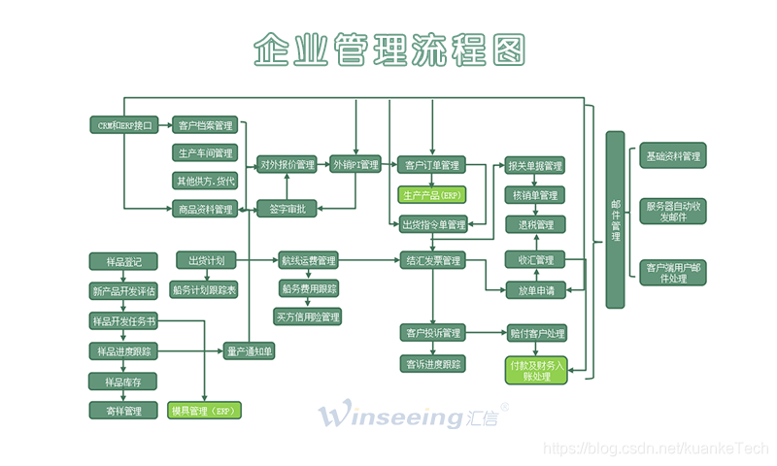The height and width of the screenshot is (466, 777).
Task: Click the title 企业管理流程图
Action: [x=388, y=48]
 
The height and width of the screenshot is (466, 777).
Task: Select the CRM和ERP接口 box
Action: [x=123, y=125]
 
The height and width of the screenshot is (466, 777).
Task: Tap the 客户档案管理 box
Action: [x=205, y=125]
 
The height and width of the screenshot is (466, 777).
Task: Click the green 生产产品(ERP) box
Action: [x=432, y=194]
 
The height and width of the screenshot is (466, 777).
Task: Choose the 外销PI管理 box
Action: [x=355, y=164]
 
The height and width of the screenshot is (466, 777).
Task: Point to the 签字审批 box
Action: [x=287, y=208]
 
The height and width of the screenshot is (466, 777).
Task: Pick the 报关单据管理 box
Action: [x=534, y=166]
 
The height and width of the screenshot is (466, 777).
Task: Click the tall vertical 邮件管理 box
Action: [x=615, y=219]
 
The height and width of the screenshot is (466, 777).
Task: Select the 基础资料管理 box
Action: [x=673, y=155]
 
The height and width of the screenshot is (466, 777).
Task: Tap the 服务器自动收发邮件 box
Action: [x=673, y=212]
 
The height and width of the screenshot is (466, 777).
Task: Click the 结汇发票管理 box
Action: [x=432, y=260]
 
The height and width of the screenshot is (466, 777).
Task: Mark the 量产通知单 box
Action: [x=249, y=350]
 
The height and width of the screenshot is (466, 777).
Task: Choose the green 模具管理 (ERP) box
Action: [x=204, y=411]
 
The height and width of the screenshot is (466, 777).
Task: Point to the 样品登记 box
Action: [x=123, y=261]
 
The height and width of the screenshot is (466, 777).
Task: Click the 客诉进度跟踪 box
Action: [x=432, y=364]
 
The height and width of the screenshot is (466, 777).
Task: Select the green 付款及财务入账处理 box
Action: [x=535, y=370]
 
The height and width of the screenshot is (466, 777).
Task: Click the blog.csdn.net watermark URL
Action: [x=656, y=449]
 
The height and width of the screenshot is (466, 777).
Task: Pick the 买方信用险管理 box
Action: [x=308, y=316]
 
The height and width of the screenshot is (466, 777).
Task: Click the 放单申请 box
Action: [x=534, y=289]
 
